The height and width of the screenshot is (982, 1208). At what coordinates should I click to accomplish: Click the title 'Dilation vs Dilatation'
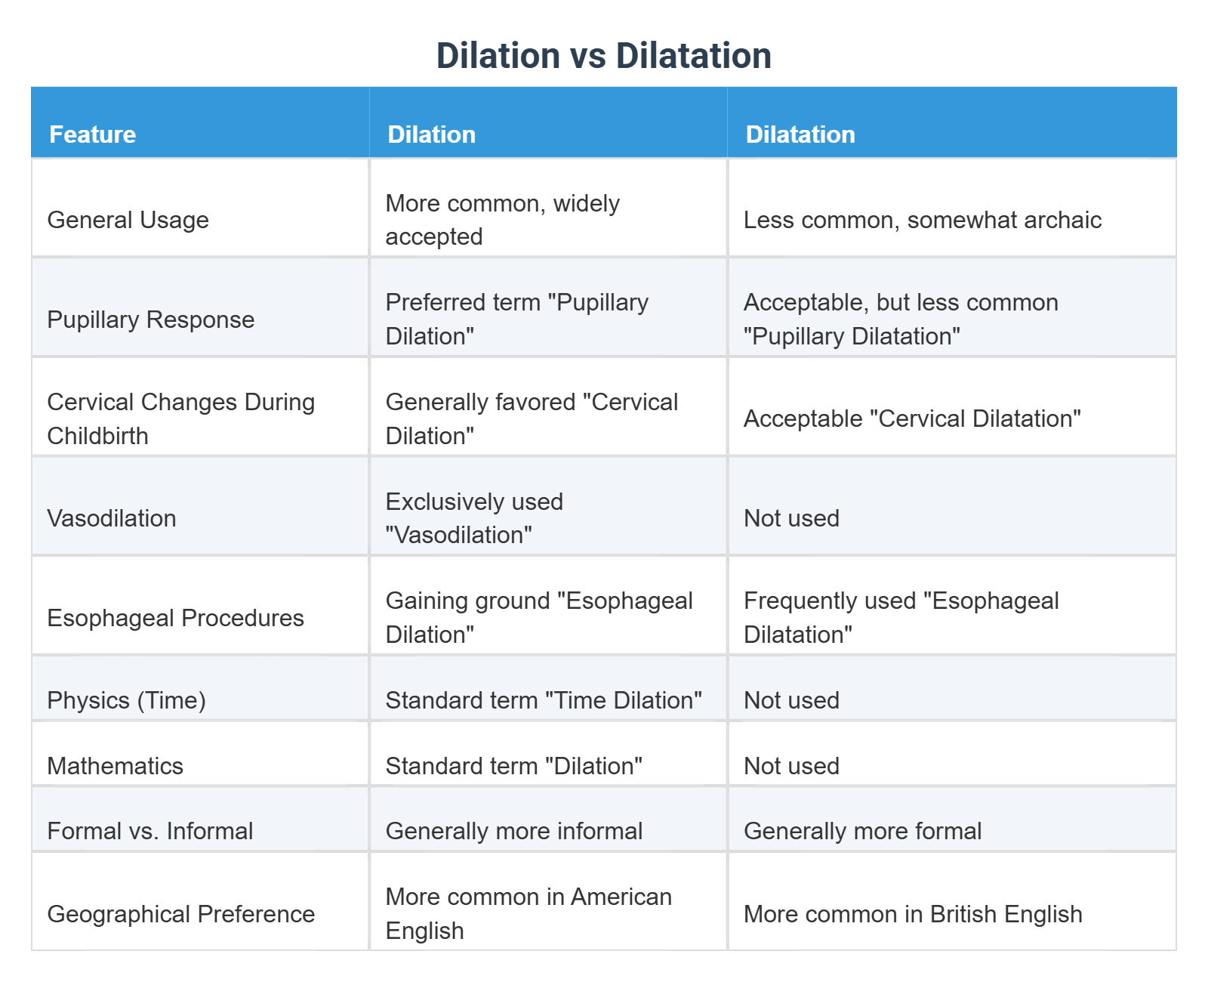pos(603,56)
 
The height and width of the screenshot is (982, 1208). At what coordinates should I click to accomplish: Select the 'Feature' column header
pos(92,134)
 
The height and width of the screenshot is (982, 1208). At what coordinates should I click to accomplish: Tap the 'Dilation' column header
pos(431,134)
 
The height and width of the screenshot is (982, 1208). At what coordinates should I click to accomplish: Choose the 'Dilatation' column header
pos(800,134)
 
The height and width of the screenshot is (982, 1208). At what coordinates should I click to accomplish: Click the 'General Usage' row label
pos(128,220)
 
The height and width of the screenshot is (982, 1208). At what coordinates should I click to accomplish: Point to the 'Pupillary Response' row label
pos(150,320)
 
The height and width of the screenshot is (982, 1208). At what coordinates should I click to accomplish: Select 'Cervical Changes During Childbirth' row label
pos(180,418)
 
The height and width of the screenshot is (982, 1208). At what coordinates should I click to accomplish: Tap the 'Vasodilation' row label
pos(112,518)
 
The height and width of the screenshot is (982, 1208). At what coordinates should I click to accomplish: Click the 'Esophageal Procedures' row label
pos(175,618)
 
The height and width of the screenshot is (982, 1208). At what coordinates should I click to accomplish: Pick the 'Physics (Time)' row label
pos(126,700)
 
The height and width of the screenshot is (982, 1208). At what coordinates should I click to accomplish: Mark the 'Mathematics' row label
pos(115,766)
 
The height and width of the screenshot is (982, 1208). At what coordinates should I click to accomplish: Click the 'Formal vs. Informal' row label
pos(149,831)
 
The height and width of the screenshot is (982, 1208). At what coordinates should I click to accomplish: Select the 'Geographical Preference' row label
pos(180,914)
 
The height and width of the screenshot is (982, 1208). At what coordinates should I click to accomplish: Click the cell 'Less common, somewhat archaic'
pos(922,220)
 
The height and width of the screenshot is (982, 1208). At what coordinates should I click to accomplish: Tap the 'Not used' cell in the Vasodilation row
pos(791,518)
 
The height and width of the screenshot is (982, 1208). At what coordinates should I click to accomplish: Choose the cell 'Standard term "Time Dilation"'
pos(544,700)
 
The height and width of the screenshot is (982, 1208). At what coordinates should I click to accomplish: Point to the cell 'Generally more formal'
pos(862,831)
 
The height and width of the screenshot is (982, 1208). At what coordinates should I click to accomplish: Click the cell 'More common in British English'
pos(912,914)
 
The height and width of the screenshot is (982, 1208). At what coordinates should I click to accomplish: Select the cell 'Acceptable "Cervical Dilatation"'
pos(912,418)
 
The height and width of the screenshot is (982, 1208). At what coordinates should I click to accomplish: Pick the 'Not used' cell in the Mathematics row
pos(791,766)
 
